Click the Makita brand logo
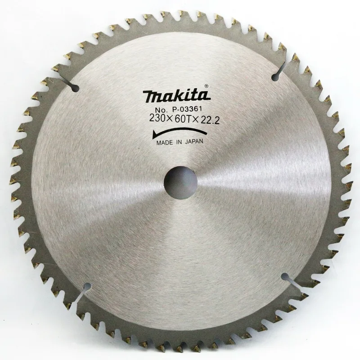pos(176,95)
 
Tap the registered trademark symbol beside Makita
pos(206,86)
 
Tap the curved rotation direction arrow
pos(180,133)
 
